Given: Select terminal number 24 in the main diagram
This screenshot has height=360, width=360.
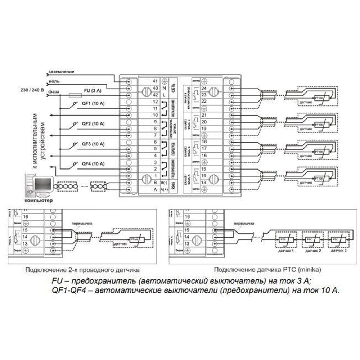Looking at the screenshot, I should coord(204,89).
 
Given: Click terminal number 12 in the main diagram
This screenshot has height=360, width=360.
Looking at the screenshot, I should coord(156,102).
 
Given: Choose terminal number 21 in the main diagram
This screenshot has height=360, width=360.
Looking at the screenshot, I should coord(204,115).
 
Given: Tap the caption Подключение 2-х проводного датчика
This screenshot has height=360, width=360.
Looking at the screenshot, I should coord(82,269).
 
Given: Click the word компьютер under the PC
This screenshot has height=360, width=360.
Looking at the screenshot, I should coord(38,200).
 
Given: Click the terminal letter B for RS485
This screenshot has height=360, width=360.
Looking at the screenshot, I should coord(156,182).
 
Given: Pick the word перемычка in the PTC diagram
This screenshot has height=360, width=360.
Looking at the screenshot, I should coord(246,224).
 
